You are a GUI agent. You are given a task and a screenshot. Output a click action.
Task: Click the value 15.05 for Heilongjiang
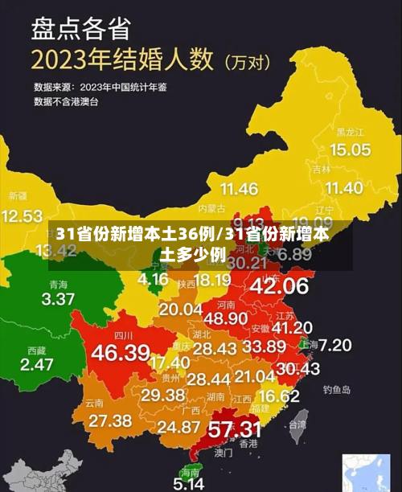(350, 150)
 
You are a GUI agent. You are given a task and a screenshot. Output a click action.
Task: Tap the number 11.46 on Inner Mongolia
(239, 190)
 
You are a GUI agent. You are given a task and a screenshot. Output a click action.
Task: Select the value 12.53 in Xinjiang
(22, 215)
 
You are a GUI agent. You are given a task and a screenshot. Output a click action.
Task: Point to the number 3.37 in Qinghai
(57, 300)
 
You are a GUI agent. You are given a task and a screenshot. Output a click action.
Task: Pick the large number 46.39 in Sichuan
(121, 352)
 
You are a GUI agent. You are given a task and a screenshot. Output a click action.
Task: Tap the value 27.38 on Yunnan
(110, 420)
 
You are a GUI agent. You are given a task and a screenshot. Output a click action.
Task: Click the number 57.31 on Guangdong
(234, 428)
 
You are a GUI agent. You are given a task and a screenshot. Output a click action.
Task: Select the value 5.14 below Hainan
(190, 484)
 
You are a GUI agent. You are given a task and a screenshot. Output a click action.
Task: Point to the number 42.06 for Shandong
(279, 285)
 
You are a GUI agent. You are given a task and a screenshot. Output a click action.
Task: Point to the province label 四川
(123, 334)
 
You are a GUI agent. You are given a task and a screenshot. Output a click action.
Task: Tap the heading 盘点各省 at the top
(80, 29)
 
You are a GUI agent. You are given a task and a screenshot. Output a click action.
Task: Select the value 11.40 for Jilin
(342, 188)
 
